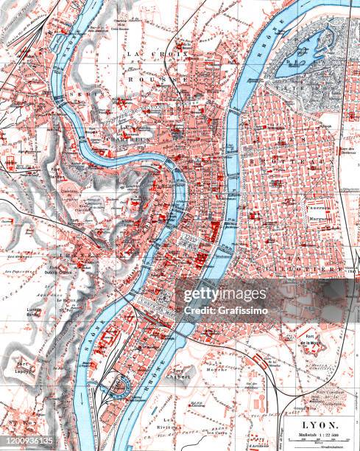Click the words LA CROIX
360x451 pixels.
click(x=147, y=54)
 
